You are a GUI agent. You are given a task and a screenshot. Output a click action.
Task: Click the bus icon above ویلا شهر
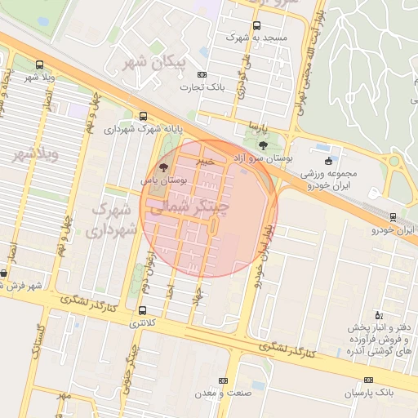39,64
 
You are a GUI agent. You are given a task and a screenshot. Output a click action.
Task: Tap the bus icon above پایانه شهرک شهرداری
143,116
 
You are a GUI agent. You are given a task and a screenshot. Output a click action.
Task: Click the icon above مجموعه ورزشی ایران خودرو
328,161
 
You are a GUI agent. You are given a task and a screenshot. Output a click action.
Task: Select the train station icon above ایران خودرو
394,217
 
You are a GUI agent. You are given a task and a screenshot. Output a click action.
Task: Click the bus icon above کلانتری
143,310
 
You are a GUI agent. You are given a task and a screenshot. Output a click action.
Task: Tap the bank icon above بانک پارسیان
368,380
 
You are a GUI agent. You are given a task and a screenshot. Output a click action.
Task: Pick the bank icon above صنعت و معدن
223,380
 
